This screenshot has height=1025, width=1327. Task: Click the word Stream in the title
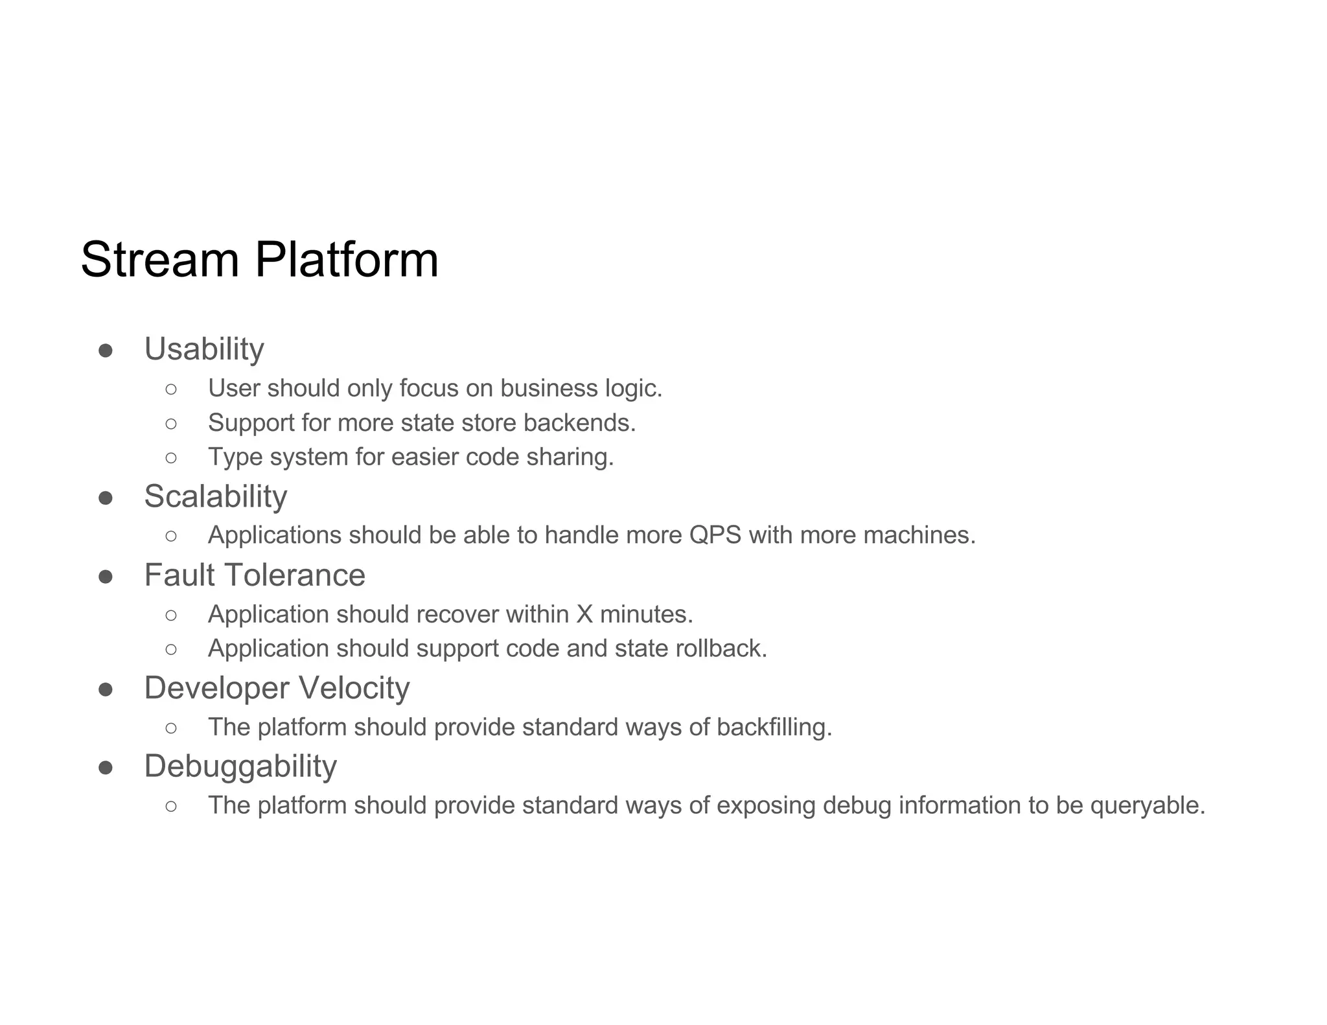(x=160, y=260)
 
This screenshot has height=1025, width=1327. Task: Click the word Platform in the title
(x=347, y=260)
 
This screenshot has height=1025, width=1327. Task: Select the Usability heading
(x=204, y=349)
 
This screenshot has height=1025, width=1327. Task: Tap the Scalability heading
(x=215, y=497)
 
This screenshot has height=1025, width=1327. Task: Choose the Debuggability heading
(x=240, y=766)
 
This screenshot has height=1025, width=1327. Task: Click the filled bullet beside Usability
(x=106, y=351)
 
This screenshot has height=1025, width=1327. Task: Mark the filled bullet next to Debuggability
(x=106, y=768)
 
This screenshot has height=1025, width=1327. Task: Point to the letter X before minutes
(x=584, y=614)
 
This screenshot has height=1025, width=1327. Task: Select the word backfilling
(x=774, y=727)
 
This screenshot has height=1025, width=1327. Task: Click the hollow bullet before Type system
(x=171, y=457)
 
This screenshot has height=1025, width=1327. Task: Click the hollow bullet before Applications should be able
(x=171, y=536)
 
